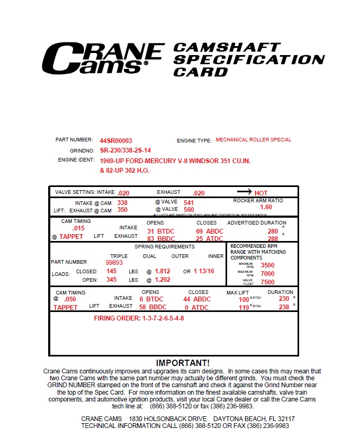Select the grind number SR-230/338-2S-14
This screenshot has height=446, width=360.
click(125, 150)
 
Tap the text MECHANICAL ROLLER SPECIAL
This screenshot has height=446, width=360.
click(253, 140)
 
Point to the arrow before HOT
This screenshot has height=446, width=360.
click(244, 192)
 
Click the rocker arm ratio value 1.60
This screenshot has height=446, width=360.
click(266, 207)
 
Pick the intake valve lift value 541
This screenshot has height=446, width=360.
click(188, 202)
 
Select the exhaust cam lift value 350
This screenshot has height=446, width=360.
click(122, 210)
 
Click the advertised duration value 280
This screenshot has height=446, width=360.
click(273, 231)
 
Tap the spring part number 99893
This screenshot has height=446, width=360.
click(114, 262)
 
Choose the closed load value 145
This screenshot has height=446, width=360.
click(112, 271)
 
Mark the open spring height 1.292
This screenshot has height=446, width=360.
click(162, 280)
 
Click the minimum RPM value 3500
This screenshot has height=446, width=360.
click(267, 265)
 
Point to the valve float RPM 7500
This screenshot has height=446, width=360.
click(267, 282)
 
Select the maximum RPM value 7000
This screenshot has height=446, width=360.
click(267, 274)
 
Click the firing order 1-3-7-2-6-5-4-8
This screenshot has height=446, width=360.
click(139, 318)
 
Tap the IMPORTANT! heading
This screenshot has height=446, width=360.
click(183, 363)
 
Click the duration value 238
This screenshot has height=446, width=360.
click(284, 307)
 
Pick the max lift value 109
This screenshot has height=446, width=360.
click(244, 299)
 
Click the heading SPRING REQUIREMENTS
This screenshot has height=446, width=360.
click(164, 247)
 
